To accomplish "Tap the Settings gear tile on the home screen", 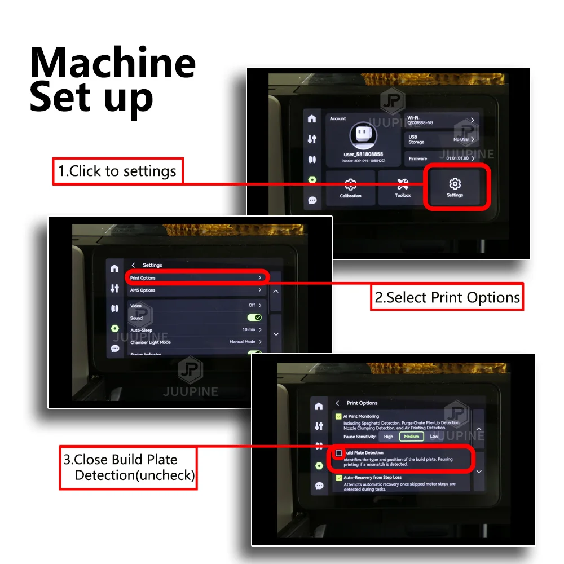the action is pos(455,188).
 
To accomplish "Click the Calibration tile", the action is pos(350,188).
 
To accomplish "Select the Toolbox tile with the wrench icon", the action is pos(403,188).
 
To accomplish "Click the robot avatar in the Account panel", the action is pos(363,136).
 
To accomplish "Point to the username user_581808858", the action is pos(363,154).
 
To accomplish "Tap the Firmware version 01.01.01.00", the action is pos(457,158).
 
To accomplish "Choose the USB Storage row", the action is pos(442,139).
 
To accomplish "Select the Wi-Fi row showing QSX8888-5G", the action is pos(442,120).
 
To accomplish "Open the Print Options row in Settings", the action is pos(196,278).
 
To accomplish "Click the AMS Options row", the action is pos(196,290).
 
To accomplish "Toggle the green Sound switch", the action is pos(254,318).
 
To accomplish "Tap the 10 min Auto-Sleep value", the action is pos(249,330).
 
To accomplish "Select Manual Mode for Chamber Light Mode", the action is pos(243,342).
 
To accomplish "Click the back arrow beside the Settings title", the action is pos(133,265).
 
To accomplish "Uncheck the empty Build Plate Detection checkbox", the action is pos(338,453).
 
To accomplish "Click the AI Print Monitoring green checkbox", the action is pos(338,417).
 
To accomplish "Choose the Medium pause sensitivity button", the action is pos(411,436).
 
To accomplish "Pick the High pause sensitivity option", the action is pos(389,436).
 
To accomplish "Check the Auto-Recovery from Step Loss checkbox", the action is pos(338,478).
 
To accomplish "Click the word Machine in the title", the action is pos(113,63).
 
